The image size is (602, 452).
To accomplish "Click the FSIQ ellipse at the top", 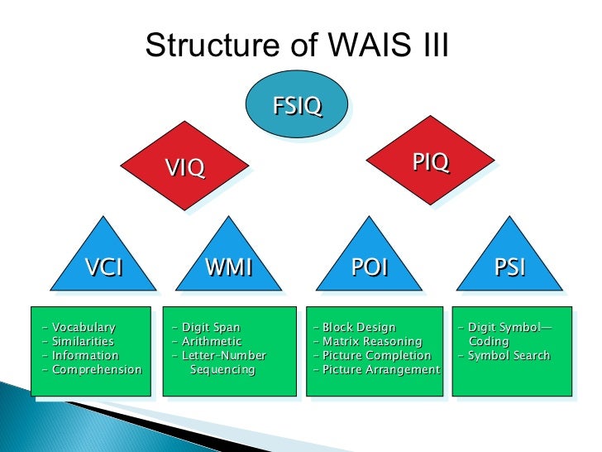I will tap(297, 108).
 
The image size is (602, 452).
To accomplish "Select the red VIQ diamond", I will tap(184, 168).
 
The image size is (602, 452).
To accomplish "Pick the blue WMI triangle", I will tap(227, 265).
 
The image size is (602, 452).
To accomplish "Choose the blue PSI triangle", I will tap(509, 265).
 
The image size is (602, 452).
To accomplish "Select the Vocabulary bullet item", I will tap(83, 328).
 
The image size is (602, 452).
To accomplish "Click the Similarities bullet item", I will tap(83, 342).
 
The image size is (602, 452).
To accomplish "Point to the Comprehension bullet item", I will tap(96, 370).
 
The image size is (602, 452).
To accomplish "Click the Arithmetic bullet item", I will tap(212, 342).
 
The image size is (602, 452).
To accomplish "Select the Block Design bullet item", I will tap(359, 328).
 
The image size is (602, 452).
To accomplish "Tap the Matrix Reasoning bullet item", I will tap(372, 342).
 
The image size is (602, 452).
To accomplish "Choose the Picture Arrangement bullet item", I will tap(380, 370).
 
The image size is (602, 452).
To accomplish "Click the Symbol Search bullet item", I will tap(509, 356).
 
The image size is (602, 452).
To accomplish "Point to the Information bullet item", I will tap(85, 356).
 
